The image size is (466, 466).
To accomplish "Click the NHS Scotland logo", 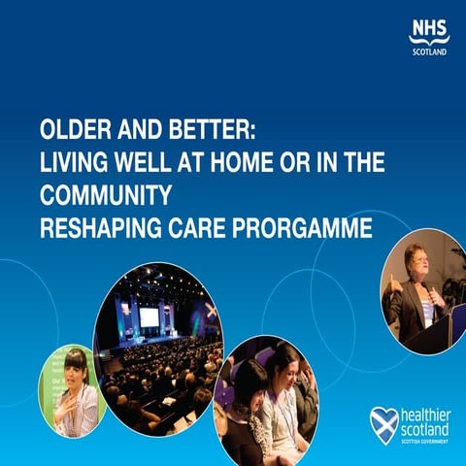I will pyautogui.click(x=426, y=37).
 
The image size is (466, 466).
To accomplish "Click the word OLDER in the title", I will pyautogui.click(x=74, y=132).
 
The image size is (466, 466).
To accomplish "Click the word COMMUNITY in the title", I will pyautogui.click(x=105, y=195).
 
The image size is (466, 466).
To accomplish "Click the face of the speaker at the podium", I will pyautogui.click(x=416, y=265).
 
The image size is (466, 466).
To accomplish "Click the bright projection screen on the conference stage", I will pyautogui.click(x=150, y=316).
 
